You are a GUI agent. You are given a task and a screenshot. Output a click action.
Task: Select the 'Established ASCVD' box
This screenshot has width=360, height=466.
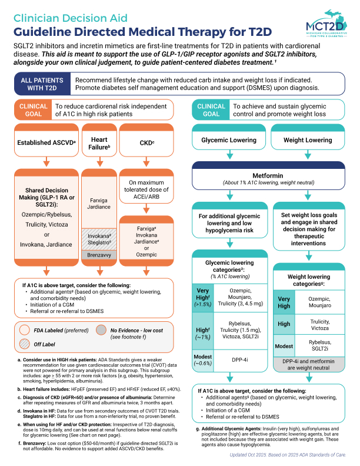tap(46, 141)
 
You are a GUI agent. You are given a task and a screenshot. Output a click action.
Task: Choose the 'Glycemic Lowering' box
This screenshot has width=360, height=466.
tap(229, 140)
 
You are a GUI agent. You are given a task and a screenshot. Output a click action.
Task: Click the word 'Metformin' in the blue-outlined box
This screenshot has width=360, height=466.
tap(269, 175)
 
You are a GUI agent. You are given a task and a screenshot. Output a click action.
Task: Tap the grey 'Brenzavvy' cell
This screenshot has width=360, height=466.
tap(98, 256)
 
